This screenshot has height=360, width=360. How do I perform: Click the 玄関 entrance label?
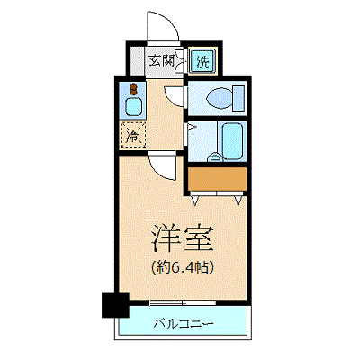pos(162,61)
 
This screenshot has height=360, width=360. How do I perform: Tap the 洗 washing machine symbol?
pos(202,61)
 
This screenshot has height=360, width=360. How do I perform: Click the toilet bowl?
pos(220,98)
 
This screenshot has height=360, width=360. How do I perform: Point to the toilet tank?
pos(238,98)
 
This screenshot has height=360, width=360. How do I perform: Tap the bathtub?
pos(232,140)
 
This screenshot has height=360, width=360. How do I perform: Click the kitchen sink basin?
pos(132,106)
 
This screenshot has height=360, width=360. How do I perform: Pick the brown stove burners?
pos(133,89)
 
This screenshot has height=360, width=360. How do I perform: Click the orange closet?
pos(217,179)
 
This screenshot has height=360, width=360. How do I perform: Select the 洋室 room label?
pos(182,238)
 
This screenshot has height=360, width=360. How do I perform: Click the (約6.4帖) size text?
pos(182,266)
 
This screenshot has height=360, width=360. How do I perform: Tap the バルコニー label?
pos(184,324)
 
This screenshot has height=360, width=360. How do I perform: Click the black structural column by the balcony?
pos(115,304)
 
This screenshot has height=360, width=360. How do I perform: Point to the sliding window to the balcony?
pos(183,302)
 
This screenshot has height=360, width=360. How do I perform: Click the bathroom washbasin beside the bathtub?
pos(215,157)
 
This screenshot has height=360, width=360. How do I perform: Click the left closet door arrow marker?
pos(195,201)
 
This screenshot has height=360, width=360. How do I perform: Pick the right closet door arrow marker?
pos(238,201)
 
